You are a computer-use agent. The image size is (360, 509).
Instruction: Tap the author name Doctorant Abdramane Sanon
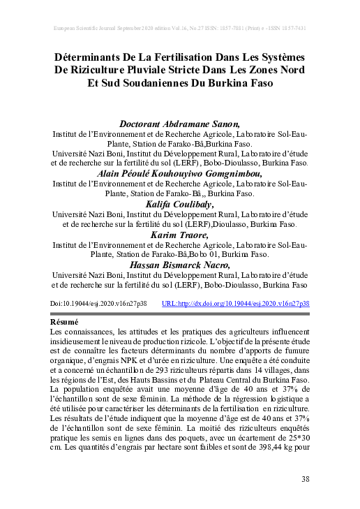click(180, 124)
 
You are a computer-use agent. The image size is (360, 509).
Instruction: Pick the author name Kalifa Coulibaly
click(180, 204)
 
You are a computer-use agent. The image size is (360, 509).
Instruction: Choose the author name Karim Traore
click(180, 235)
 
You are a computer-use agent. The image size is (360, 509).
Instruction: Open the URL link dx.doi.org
click(235, 304)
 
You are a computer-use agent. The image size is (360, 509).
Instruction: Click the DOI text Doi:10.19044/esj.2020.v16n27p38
click(99, 304)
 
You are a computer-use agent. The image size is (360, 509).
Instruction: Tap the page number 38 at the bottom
click(305, 479)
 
